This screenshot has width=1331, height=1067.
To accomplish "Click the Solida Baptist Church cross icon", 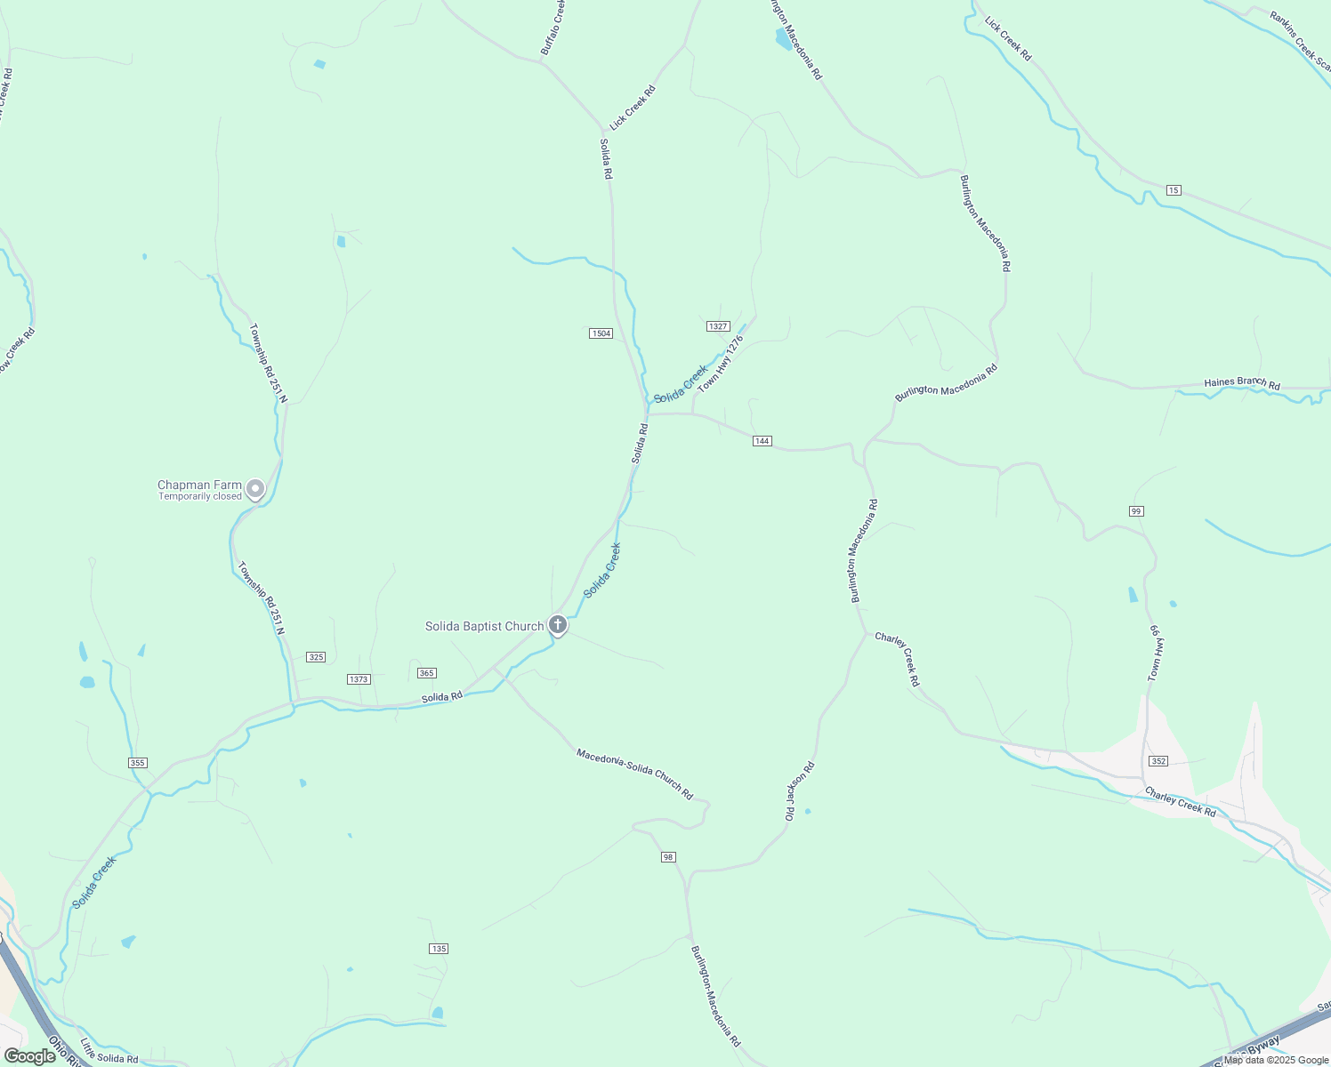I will point(558,625).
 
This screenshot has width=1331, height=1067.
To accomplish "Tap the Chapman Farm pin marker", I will point(255,489).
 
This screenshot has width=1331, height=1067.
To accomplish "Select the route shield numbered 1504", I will point(601,333).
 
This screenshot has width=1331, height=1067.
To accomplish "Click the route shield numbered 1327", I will point(719,326).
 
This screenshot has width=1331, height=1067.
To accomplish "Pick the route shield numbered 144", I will point(762,441).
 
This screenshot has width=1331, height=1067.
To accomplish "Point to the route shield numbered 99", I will point(1136,511).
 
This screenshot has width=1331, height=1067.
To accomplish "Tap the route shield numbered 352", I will point(1158,761).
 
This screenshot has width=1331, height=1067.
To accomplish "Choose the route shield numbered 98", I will point(669,857).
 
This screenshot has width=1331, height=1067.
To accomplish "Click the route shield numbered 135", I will point(439,949).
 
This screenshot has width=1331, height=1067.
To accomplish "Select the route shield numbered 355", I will point(137,763).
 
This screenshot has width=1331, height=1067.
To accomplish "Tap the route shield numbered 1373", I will point(359,679).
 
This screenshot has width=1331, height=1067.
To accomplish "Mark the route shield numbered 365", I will point(427,673).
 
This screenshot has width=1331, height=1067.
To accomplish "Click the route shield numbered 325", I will point(316,657).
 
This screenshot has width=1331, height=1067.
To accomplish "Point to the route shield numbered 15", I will point(1174,190).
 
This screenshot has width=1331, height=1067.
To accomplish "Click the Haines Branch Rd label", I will point(1242,383).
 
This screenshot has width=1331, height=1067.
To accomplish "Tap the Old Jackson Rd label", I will point(800,790).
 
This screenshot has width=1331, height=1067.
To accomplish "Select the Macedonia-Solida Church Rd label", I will point(634,774).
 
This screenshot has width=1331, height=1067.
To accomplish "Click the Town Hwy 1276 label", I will point(721,364).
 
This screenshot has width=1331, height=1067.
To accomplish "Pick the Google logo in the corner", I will point(30,1056).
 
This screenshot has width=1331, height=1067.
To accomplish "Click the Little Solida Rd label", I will point(109,1052).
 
